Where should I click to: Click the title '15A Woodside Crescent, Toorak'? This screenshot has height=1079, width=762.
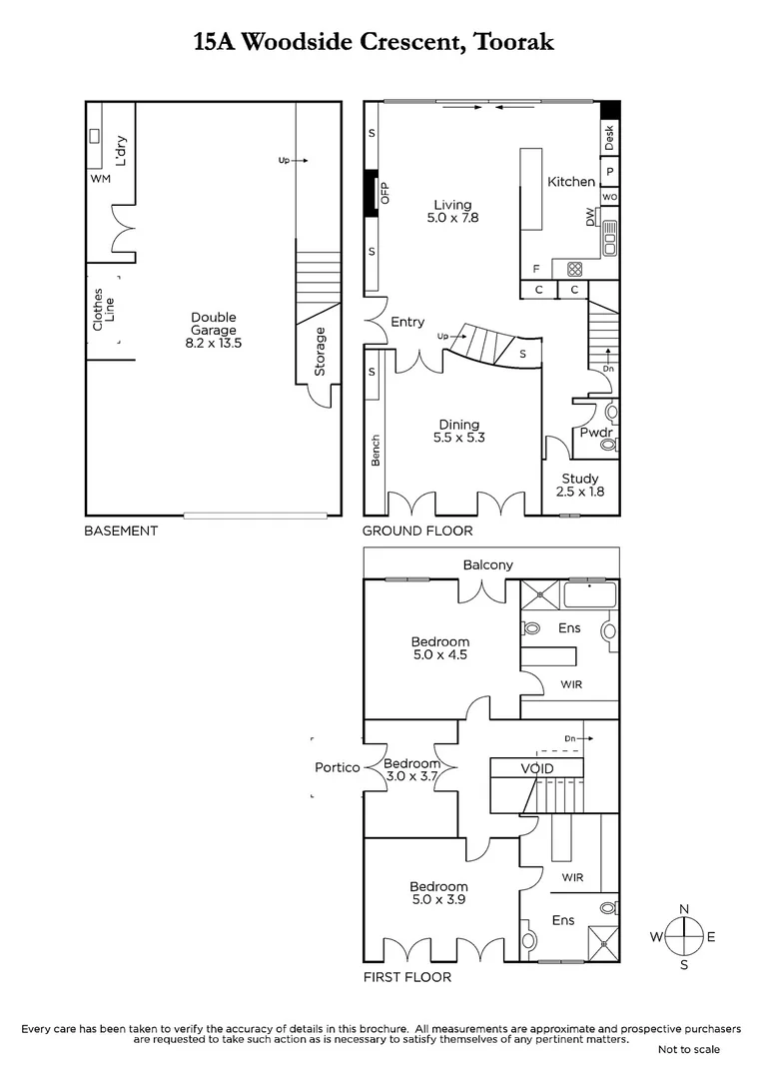(x=373, y=42)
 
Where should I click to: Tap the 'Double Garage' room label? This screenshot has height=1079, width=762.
(x=214, y=330)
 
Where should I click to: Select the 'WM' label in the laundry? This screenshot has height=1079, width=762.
(x=100, y=179)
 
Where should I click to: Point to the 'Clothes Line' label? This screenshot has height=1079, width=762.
(x=103, y=310)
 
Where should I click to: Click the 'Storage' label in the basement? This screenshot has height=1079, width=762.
(x=321, y=352)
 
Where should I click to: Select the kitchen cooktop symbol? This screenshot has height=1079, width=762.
(x=574, y=268)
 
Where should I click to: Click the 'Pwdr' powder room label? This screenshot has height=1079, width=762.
(x=596, y=433)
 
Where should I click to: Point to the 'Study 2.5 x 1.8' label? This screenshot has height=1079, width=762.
(x=580, y=485)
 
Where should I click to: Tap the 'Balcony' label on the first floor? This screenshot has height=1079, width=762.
(x=487, y=564)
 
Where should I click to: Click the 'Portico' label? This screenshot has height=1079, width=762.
(x=337, y=767)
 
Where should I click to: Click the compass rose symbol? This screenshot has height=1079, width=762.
(x=683, y=937)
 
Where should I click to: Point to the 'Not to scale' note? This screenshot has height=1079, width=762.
(x=688, y=1049)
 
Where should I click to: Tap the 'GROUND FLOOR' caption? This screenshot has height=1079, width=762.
(x=417, y=531)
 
